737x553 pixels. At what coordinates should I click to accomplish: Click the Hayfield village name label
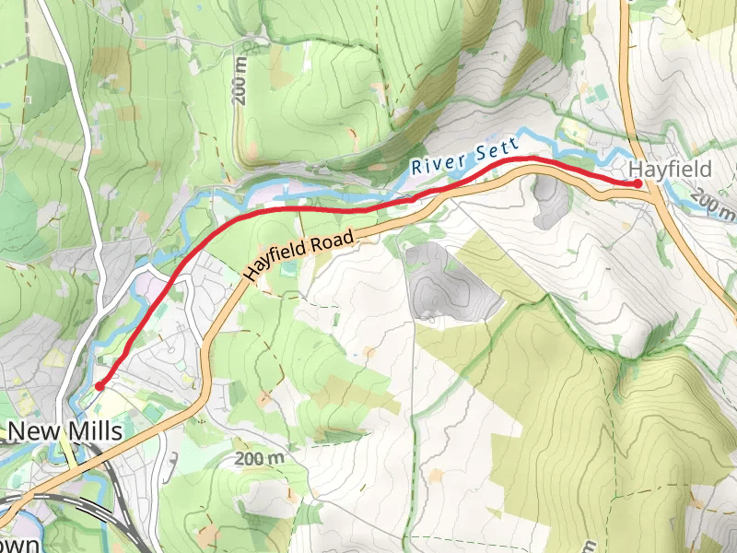(670, 170)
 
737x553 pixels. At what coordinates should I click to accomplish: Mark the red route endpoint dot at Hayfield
(638, 183)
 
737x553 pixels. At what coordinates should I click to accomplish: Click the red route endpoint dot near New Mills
(99, 385)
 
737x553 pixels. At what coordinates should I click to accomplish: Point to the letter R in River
(417, 170)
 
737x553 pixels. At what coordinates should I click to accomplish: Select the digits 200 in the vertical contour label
(240, 93)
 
